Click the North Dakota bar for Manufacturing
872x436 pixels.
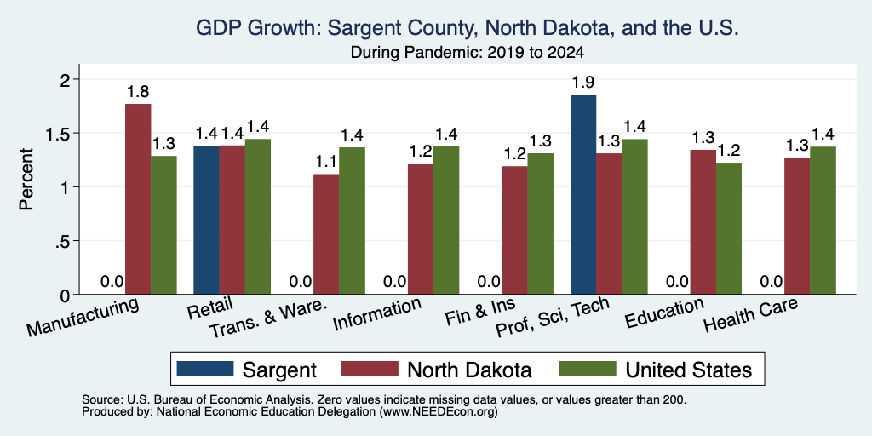tap(138, 199)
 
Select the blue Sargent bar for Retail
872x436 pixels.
tap(206, 221)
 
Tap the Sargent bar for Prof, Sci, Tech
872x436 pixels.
tap(583, 195)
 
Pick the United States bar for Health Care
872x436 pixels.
tap(823, 221)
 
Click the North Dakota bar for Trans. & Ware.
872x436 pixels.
tap(326, 234)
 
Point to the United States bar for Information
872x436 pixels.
tap(446, 221)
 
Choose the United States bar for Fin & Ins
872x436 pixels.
tap(541, 224)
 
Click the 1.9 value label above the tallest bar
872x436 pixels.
tap(583, 83)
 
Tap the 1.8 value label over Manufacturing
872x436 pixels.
tap(138, 92)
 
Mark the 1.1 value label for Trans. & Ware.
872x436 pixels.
tap(326, 163)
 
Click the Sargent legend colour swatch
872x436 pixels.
tap(205, 369)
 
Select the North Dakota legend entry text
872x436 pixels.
tap(469, 370)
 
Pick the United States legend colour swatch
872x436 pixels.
tap(588, 369)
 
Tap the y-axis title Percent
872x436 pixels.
tap(26, 179)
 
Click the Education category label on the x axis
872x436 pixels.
tap(665, 313)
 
